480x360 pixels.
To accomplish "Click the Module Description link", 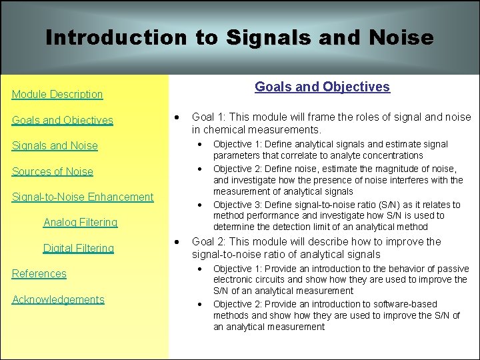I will tap(57, 95).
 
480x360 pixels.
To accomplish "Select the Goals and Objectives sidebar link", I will tap(63, 121).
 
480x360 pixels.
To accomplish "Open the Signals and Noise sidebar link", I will tap(55, 146).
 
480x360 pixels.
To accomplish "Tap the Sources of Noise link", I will tap(53, 171).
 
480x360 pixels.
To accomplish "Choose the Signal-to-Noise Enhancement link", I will tap(83, 197).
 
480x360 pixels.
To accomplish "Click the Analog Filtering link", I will tap(80, 222).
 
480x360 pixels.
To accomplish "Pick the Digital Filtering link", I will tap(79, 248).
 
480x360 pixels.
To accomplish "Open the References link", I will tap(39, 273).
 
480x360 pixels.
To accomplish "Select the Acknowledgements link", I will tap(58, 299).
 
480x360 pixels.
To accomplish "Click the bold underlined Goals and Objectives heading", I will tap(322, 87).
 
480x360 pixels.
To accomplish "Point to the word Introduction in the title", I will tap(116, 37).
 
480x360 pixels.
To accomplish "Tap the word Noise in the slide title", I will tap(399, 37).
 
